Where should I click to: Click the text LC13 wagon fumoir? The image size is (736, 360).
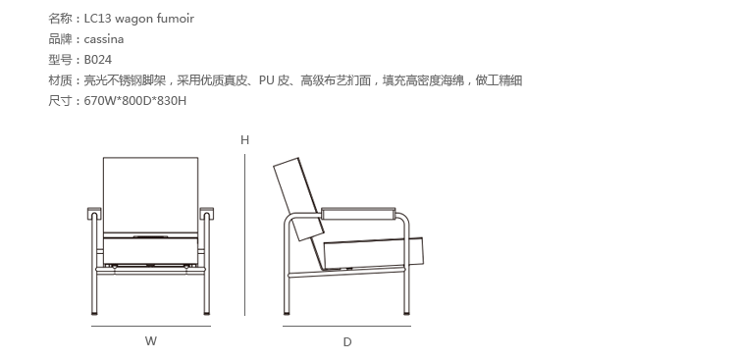click(139, 19)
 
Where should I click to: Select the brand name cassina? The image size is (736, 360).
click(104, 39)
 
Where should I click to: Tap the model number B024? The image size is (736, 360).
click(97, 60)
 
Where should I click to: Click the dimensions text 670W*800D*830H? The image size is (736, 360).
click(135, 101)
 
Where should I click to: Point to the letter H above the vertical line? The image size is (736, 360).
click(244, 140)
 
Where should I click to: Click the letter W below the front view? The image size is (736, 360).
click(151, 341)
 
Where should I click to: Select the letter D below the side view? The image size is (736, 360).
click(346, 342)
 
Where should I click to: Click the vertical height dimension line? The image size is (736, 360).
click(244, 234)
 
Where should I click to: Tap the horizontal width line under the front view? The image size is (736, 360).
click(151, 326)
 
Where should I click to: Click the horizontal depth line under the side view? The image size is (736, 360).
click(346, 326)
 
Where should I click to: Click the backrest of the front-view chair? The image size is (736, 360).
click(150, 194)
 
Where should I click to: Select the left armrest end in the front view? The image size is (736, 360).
click(94, 214)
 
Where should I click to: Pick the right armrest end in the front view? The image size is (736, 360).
click(206, 214)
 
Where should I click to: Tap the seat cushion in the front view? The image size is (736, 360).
click(150, 251)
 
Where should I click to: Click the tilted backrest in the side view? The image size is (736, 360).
click(298, 199)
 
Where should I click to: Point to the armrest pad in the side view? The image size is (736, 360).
click(358, 214)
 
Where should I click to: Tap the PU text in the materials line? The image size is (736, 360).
click(266, 80)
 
